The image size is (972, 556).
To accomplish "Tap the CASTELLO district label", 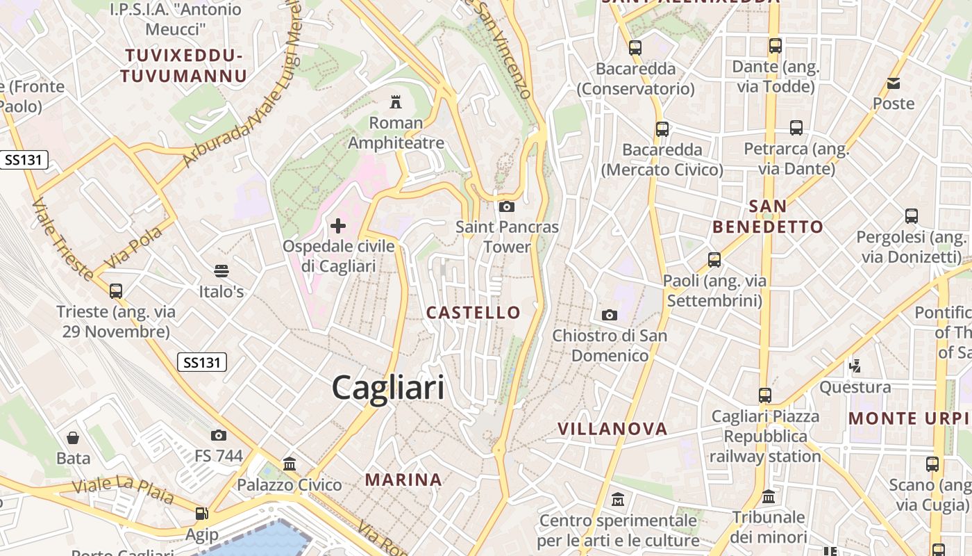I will tap(474, 313).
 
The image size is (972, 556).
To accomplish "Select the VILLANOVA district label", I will tap(612, 429).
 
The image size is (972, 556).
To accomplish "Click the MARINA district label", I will tap(403, 480).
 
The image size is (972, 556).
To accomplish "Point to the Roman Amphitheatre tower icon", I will tap(396, 103).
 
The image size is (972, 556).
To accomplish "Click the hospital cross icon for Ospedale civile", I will tap(338, 226).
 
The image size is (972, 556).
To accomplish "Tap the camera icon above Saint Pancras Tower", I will tap(507, 206).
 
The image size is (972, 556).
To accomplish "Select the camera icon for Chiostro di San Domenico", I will tap(610, 316).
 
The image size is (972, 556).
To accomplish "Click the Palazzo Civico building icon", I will tap(290, 464).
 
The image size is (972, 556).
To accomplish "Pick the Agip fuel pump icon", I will tap(201, 514).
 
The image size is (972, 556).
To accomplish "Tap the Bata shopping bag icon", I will tap(73, 438).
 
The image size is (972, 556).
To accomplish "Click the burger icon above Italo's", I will tap(221, 270).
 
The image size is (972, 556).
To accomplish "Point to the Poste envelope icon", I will tap(894, 83).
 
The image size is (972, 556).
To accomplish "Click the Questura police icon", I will tap(855, 366).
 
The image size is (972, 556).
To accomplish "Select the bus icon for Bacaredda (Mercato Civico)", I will tap(662, 129).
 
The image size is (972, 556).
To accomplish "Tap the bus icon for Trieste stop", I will tap(116, 291).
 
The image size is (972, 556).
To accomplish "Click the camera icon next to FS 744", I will tap(219, 436).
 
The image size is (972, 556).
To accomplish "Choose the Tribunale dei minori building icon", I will tap(768, 497).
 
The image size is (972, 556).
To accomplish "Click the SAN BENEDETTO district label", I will tap(768, 216).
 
